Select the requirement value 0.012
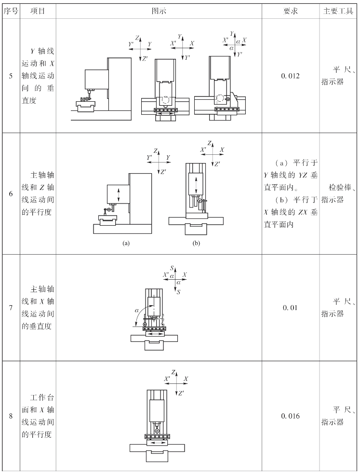[291, 76]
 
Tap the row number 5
[10, 76]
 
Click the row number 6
[10, 194]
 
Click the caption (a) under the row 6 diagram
[126, 243]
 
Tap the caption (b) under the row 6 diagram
[196, 243]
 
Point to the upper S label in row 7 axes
[172, 268]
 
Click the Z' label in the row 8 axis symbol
[181, 394]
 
